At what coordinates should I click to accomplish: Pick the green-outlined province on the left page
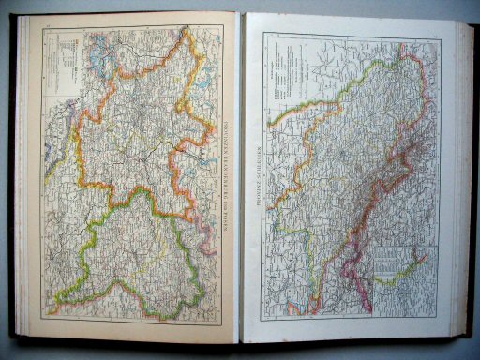coord(141,253)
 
